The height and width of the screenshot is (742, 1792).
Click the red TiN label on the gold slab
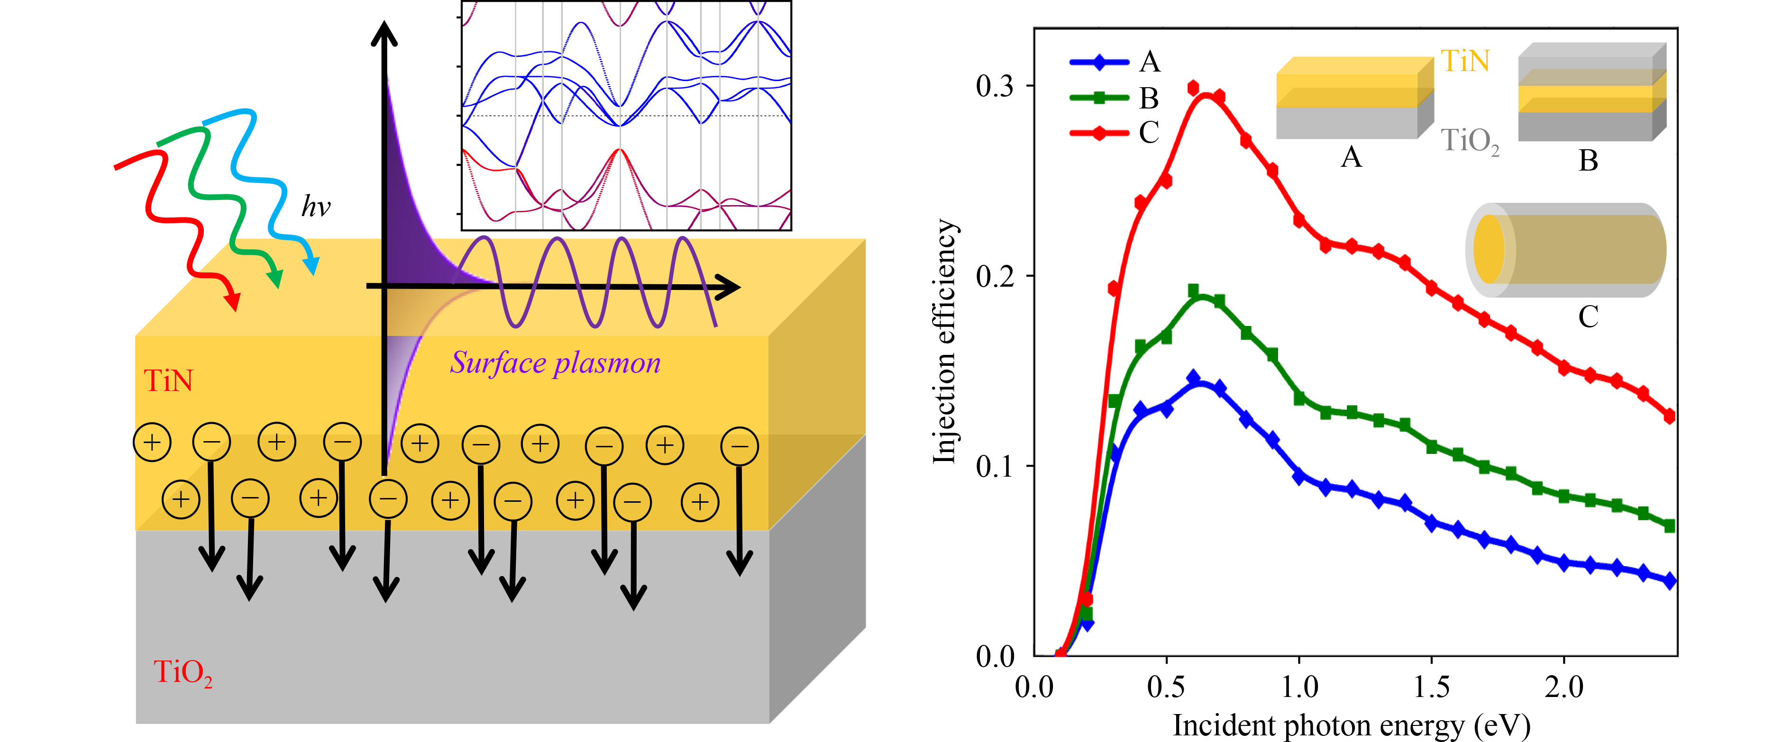[x=168, y=381]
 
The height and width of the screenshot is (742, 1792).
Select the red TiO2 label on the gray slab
[x=182, y=672]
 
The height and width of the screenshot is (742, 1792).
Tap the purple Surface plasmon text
[x=555, y=363]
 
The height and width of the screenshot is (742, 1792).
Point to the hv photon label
[x=316, y=207]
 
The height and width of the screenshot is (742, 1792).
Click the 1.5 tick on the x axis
[x=1432, y=687]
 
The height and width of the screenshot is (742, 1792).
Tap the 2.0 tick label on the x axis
[x=1564, y=687]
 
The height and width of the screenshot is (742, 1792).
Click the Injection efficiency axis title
[x=945, y=341]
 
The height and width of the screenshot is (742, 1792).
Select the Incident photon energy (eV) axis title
[x=1351, y=725]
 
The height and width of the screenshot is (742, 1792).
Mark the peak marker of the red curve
[x=1194, y=88]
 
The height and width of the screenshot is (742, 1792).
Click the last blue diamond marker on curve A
[x=1670, y=581]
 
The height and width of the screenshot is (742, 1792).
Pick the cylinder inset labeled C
[x=1565, y=250]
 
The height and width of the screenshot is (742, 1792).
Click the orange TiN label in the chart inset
[x=1465, y=61]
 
